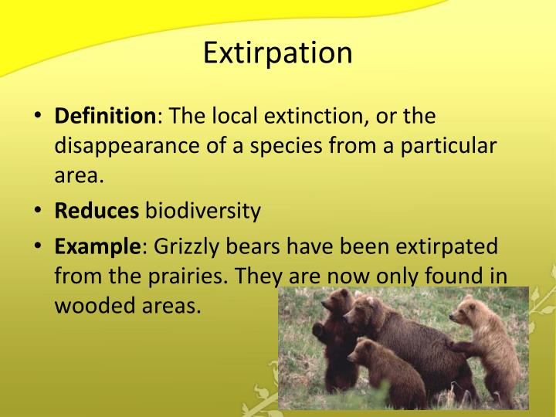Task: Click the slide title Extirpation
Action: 278,53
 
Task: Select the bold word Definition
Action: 104,117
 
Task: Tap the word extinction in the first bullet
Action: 299,117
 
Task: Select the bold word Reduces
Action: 97,210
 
